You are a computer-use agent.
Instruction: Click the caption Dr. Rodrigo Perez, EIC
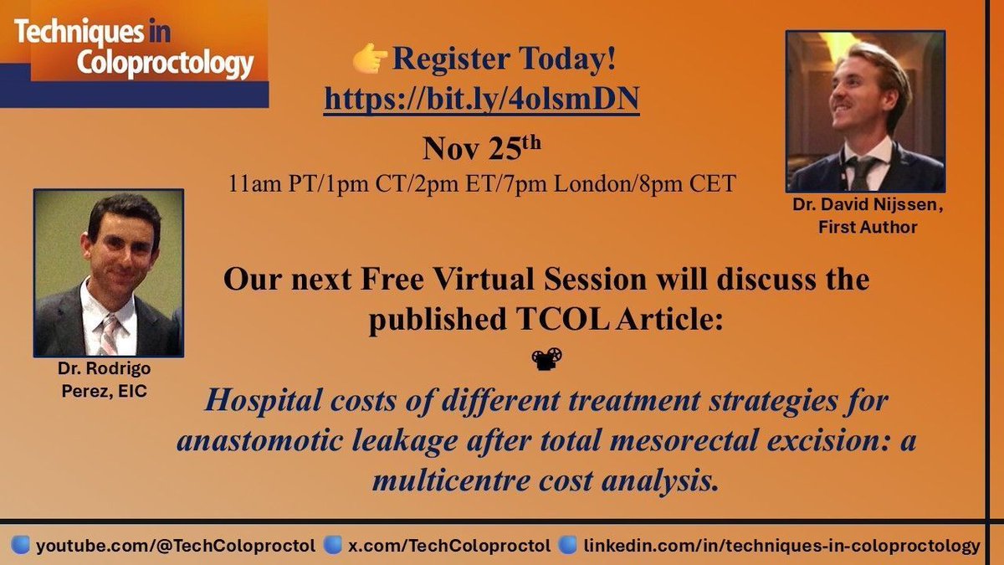click(x=108, y=382)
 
